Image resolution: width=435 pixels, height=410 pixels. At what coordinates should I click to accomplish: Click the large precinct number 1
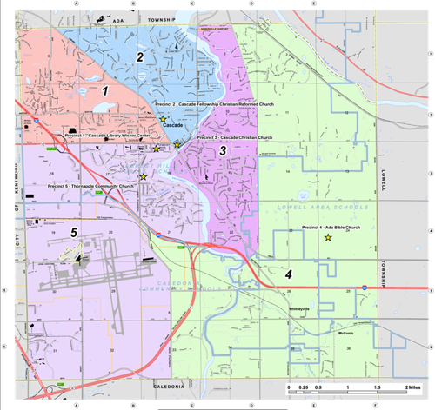[105, 89]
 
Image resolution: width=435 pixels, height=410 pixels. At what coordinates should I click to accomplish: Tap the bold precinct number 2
[140, 57]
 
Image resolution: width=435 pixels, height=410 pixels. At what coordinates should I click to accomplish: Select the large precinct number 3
[223, 151]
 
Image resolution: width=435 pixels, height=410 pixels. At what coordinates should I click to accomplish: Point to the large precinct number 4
[288, 274]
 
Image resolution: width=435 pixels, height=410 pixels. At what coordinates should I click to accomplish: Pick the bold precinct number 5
[75, 232]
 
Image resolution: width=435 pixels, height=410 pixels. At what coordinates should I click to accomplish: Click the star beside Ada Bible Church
[328, 238]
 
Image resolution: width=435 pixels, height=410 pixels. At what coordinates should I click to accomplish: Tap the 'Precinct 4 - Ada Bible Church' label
[331, 228]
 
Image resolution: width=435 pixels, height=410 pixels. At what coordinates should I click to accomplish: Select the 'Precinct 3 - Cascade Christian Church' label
[235, 137]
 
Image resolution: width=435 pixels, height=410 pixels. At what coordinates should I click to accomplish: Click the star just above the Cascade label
[163, 119]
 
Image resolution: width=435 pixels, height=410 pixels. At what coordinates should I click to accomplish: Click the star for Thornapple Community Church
[143, 177]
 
